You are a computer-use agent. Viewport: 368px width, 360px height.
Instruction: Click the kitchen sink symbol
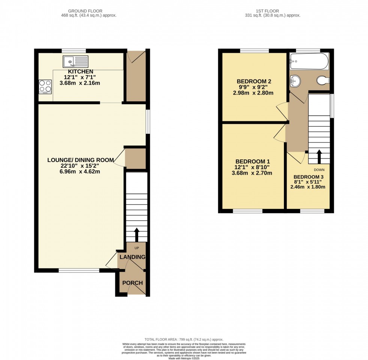coord(75,61)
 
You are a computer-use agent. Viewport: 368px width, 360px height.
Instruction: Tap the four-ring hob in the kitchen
coord(45,86)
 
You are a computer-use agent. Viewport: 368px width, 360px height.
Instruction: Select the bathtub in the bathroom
coord(309,61)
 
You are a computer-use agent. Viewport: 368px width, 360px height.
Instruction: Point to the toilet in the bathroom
coord(323,80)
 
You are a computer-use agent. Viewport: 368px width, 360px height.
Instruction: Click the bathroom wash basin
coord(295,79)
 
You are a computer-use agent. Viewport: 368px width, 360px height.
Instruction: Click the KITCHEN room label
coord(80,72)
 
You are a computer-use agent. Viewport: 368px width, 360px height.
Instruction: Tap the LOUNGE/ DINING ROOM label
coord(80,160)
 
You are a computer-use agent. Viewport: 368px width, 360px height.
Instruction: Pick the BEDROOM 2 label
coord(254,81)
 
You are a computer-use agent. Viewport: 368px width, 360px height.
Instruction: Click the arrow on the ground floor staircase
coord(136,234)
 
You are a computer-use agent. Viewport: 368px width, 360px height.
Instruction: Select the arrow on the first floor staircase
coord(319,157)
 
